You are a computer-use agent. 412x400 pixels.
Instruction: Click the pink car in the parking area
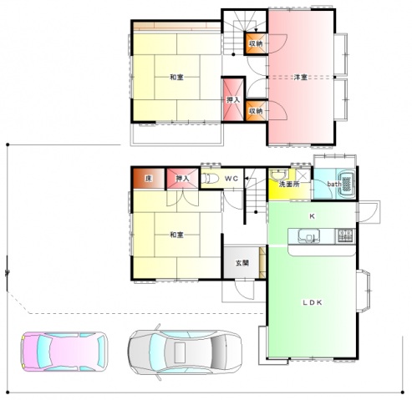point(64,352)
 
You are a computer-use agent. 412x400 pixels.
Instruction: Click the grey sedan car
point(185,352)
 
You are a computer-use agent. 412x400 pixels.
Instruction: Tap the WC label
point(231,179)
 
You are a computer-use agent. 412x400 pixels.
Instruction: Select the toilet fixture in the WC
point(210,178)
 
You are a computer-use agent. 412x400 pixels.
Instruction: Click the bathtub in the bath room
point(347,184)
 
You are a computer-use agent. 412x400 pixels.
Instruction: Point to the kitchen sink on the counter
point(308,236)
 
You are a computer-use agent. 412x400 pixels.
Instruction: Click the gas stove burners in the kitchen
point(345,235)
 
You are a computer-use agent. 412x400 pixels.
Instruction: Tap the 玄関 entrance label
point(242,262)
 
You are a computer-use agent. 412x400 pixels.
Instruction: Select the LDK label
point(313,302)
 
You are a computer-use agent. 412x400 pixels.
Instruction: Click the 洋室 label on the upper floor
point(301,77)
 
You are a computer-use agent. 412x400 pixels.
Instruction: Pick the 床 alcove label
point(149,179)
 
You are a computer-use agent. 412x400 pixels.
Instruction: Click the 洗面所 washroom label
point(289,184)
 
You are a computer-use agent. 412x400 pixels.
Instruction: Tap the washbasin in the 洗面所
point(278,175)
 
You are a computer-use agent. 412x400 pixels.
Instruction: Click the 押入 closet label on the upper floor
point(233,99)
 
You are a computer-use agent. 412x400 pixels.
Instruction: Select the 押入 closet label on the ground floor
point(182,179)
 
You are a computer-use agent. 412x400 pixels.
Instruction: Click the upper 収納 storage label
point(256,43)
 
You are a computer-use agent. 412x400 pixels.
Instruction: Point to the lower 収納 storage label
point(256,111)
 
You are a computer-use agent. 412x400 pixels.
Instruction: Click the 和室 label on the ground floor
point(176,235)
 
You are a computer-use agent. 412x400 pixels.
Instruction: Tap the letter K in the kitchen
point(312,216)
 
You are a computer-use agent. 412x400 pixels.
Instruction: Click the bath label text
point(334,184)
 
